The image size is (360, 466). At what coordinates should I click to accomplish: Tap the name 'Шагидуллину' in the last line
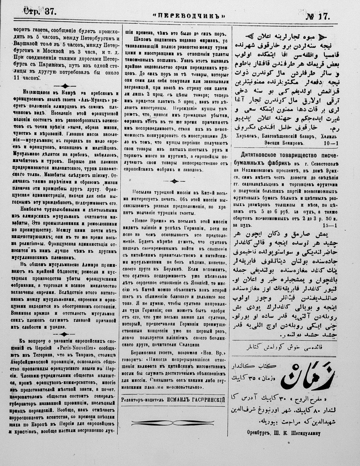[307, 434]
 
